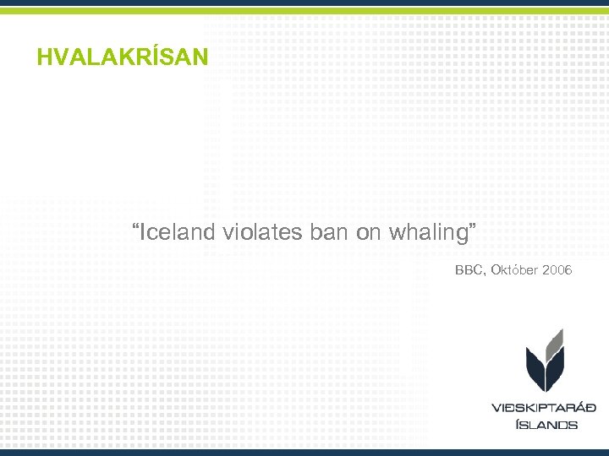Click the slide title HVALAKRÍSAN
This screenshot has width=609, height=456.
[x=122, y=57]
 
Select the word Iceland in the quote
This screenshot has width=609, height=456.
[x=178, y=232]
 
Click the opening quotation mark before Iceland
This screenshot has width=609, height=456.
[x=135, y=228]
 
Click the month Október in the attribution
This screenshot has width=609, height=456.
[x=514, y=270]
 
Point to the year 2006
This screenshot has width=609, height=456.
[x=557, y=270]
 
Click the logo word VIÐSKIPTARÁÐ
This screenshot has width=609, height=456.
[x=545, y=408]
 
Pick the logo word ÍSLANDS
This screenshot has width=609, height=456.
[x=546, y=424]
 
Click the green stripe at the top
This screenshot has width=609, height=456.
[x=304, y=10]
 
